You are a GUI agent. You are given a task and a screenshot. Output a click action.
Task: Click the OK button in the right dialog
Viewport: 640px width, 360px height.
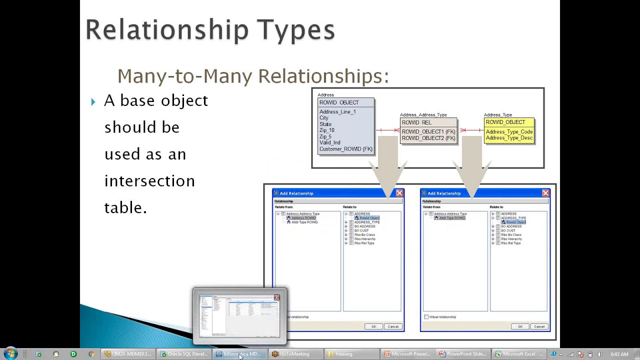520,326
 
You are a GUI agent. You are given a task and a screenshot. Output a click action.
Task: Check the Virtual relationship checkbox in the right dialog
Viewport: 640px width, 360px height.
426,317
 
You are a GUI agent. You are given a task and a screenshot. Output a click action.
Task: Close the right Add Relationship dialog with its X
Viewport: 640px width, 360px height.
545,193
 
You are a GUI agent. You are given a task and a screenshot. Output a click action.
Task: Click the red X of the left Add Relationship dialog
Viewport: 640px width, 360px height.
399,193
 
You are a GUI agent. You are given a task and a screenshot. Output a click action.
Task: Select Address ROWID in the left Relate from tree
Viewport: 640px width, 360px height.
303,218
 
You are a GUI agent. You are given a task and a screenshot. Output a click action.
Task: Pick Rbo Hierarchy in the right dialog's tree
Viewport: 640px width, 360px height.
511,239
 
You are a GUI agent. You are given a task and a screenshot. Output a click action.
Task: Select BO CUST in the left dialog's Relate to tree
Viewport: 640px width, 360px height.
361,230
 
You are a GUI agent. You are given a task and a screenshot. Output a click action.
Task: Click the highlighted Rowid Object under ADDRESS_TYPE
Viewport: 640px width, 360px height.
515,222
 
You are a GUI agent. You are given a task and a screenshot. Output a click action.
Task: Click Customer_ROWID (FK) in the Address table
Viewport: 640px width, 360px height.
345,149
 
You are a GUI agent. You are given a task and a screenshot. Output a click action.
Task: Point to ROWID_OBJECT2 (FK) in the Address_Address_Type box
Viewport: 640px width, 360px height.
428,138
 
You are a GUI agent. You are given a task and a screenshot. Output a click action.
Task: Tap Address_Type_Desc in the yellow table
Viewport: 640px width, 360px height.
509,138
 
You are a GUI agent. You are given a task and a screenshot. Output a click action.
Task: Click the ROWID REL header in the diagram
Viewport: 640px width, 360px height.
416,122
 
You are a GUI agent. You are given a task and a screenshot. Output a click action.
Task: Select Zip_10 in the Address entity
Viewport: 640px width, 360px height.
326,130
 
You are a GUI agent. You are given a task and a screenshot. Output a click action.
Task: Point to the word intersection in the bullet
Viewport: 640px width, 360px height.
149,181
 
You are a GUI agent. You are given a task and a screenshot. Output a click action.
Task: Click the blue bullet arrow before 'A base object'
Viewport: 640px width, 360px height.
93,102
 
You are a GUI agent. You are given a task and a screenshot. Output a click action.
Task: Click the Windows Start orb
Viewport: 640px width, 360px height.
10,353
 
